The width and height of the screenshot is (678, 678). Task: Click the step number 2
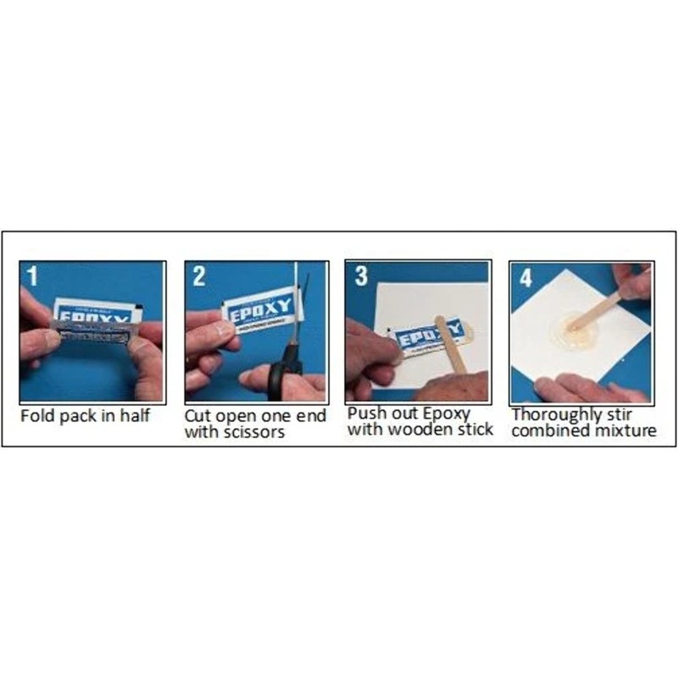click(x=199, y=275)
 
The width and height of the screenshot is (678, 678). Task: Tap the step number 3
click(x=360, y=276)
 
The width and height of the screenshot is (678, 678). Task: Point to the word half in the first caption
click(x=134, y=416)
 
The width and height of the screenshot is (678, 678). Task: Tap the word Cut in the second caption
click(x=197, y=417)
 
